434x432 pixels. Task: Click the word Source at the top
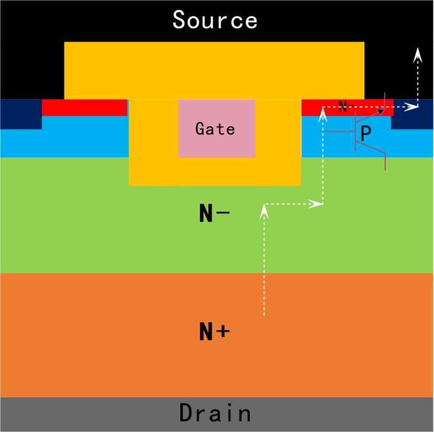coord(215,20)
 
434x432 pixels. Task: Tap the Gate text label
coord(215,129)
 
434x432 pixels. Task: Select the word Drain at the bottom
coord(215,413)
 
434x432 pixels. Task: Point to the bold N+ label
coord(214,332)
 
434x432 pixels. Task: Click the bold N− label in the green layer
coord(214,213)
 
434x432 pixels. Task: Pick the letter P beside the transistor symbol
coord(366,133)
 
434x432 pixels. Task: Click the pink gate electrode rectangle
coord(216,128)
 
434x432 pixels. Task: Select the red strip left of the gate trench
coord(84,107)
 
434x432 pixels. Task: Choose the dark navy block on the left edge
coord(21,114)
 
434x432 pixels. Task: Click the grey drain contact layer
coord(217,414)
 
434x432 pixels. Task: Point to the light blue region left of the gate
coord(64,136)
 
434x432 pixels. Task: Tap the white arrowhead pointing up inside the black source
coord(417,54)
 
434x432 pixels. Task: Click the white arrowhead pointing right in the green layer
coord(316,204)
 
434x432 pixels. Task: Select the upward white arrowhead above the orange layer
coord(264,211)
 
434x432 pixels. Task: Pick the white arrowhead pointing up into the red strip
coord(323,114)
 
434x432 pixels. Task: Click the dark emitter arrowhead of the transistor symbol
coord(381,111)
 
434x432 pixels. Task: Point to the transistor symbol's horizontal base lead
coord(341,131)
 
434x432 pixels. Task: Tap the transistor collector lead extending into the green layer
coord(385,162)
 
